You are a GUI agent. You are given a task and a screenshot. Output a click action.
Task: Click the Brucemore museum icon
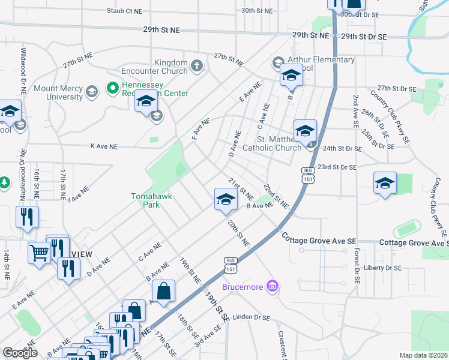273,287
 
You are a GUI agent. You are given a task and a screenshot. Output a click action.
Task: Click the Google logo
20,353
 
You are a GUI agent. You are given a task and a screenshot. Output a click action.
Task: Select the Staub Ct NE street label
125,11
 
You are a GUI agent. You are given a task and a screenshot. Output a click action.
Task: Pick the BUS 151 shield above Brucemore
230,265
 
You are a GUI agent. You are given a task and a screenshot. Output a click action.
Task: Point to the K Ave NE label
104,146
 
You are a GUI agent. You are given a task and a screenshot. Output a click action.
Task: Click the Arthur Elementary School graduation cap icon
278,62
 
